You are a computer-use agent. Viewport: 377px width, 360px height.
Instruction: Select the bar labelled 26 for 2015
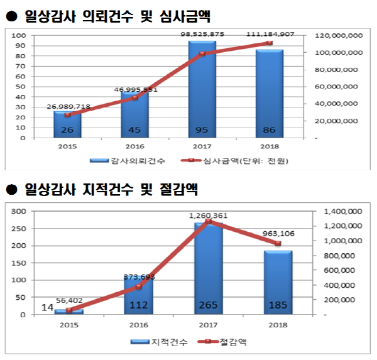[67, 126]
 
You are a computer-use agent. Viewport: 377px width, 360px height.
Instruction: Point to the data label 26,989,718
[68, 107]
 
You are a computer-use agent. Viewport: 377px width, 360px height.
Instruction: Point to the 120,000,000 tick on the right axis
[337, 36]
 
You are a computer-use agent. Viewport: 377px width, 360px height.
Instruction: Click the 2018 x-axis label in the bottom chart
[277, 326]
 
